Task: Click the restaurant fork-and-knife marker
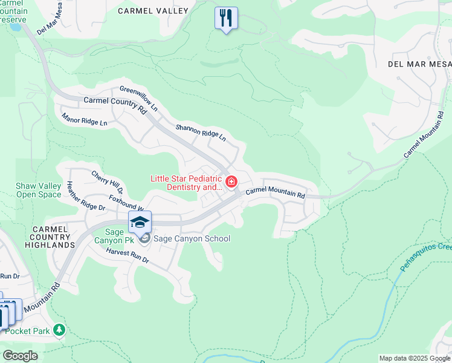click(x=226, y=19)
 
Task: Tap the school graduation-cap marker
click(x=140, y=222)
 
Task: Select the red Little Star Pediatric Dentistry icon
click(x=231, y=181)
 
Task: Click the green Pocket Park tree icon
click(x=59, y=330)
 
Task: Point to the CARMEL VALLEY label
click(x=153, y=11)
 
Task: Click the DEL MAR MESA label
click(x=419, y=64)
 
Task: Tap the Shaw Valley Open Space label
click(x=39, y=191)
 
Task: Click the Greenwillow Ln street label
click(x=138, y=99)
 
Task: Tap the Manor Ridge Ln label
click(x=84, y=119)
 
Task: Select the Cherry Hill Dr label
click(x=107, y=182)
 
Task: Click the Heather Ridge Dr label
click(x=86, y=196)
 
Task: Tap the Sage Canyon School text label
click(x=192, y=238)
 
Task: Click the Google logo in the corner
click(x=20, y=356)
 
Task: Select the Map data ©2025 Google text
click(x=414, y=358)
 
